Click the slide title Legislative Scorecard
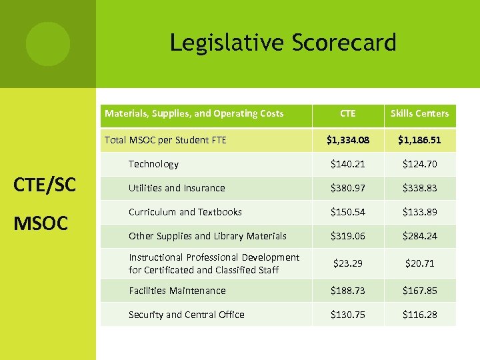coord(283,43)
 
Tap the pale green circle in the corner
coord(47,43)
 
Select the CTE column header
coord(347,113)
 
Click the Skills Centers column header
coord(419,113)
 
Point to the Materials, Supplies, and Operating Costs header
coord(194,113)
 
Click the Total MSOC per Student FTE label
coord(165,140)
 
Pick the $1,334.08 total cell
coord(347,140)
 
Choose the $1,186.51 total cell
coord(419,140)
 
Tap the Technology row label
coord(153,164)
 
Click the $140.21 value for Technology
coord(347,164)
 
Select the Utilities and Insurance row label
coord(177,188)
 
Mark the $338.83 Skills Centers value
coord(419,188)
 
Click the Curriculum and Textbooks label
coord(185,212)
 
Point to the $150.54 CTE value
coord(347,212)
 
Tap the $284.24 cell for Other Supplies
coord(419,236)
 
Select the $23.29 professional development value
coord(347,263)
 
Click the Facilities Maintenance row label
coord(177,291)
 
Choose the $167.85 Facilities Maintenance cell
coord(419,291)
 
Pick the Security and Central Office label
coord(187,315)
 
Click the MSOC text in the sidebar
coord(41,223)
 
